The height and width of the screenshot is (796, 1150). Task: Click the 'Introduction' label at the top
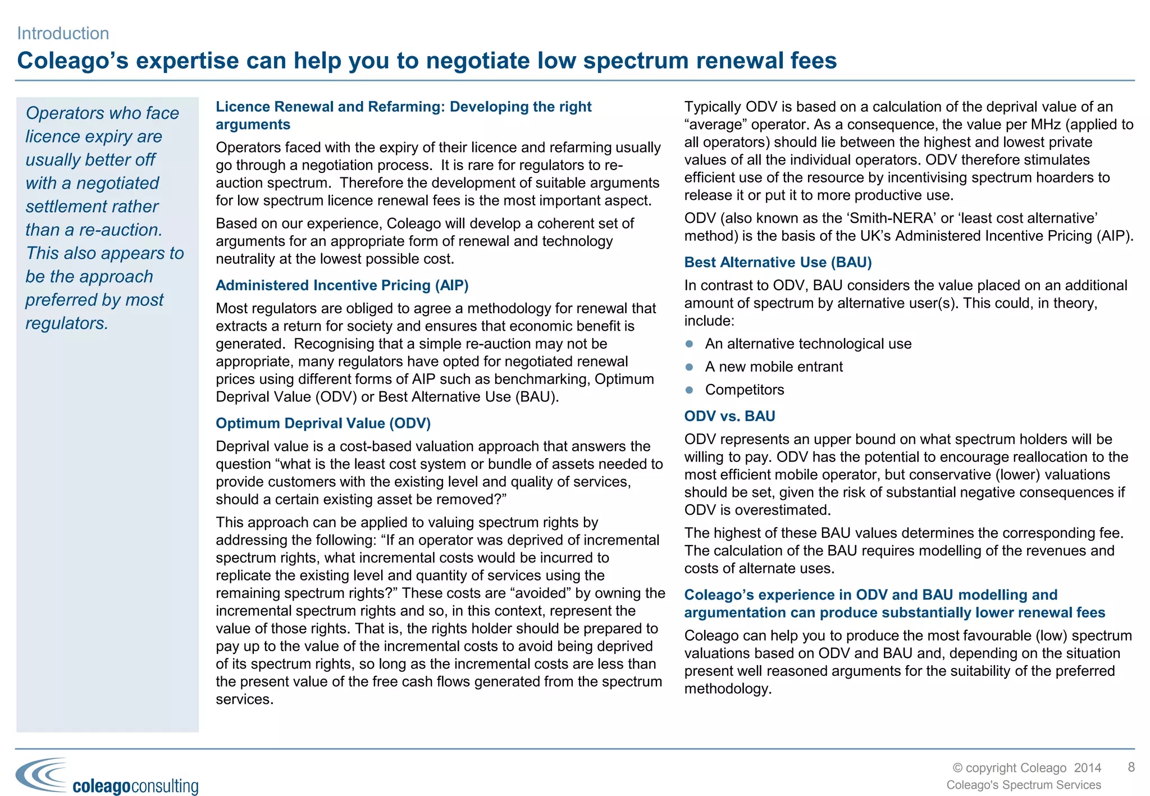(63, 34)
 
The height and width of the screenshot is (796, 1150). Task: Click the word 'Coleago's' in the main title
(73, 61)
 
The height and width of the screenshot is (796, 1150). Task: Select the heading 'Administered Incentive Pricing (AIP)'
(342, 285)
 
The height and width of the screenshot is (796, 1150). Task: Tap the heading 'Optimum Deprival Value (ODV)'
(323, 423)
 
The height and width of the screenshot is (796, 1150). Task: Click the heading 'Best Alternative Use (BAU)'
(778, 262)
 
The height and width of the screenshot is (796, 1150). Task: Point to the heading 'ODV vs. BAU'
(729, 416)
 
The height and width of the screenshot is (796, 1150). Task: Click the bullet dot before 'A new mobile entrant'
(690, 367)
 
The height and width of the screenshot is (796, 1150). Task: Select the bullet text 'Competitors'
(745, 390)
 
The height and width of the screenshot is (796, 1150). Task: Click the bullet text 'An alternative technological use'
(808, 344)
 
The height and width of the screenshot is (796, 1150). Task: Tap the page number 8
(1131, 767)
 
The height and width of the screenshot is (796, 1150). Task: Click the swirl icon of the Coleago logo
(42, 775)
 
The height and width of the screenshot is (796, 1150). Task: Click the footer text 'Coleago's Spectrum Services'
(1023, 785)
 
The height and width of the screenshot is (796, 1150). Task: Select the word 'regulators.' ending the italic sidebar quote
(67, 323)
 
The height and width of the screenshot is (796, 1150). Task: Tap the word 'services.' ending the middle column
(244, 699)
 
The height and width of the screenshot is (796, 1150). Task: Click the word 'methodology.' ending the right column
(728, 689)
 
